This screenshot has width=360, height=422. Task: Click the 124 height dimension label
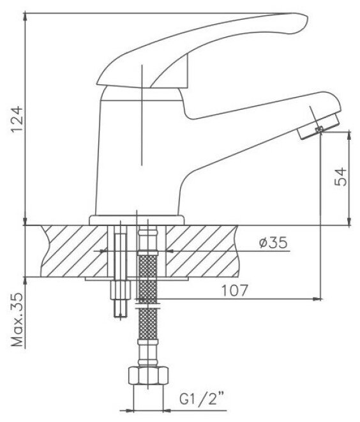tap(17, 119)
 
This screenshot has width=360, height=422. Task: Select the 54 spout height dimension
tap(341, 177)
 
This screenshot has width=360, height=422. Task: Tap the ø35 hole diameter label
tap(273, 243)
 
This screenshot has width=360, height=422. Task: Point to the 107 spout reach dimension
tap(234, 290)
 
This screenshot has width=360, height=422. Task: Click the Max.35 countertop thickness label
tap(17, 320)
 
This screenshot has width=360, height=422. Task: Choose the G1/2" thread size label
tap(202, 392)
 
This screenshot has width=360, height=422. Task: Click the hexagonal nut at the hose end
tap(148, 376)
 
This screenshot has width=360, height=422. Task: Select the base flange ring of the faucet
tap(137, 220)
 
